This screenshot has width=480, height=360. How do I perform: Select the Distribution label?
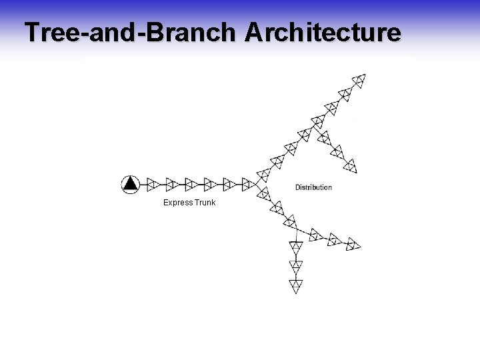(x=313, y=187)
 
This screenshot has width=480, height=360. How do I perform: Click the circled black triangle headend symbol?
(x=131, y=183)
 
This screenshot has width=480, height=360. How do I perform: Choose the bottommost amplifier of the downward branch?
(x=296, y=286)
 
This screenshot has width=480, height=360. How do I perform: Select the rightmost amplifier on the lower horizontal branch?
(x=353, y=244)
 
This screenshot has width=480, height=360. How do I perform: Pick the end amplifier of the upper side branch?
(x=351, y=164)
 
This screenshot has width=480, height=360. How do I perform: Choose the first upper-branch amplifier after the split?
(x=263, y=174)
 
